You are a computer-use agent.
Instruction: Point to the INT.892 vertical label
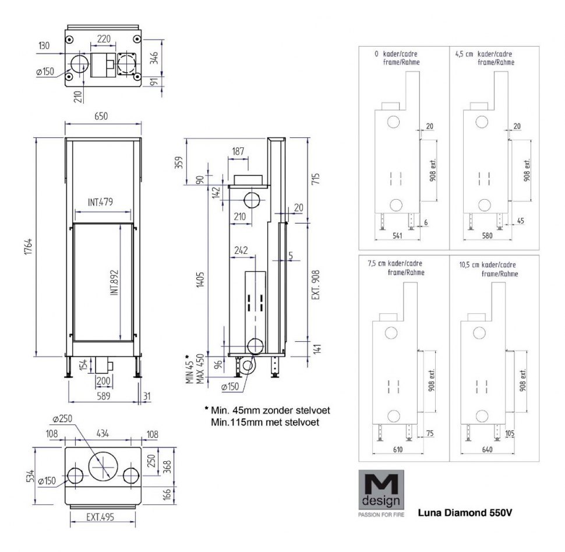(x=115, y=282)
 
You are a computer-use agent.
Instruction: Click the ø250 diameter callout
(x=61, y=420)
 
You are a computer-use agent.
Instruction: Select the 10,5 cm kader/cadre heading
(x=486, y=268)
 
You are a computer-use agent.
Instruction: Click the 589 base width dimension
(x=103, y=395)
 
